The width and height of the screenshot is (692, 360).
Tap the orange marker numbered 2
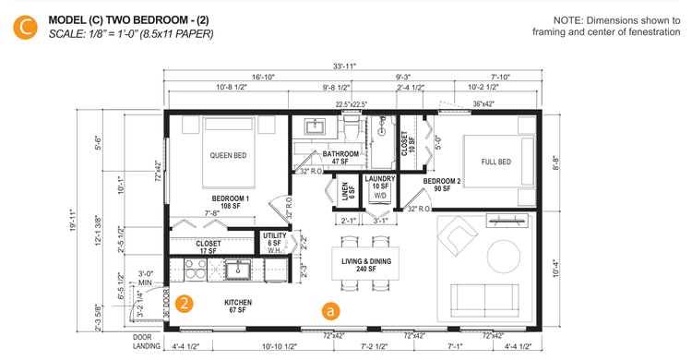[185, 303]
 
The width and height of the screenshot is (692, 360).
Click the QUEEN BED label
[228, 155]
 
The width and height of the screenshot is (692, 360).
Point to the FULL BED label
[495, 162]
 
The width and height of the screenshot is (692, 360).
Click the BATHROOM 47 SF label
[327, 157]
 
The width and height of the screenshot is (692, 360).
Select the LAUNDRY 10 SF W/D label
[379, 186]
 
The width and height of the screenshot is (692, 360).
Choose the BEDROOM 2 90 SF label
[443, 185]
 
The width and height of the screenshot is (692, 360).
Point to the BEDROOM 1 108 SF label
[230, 202]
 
